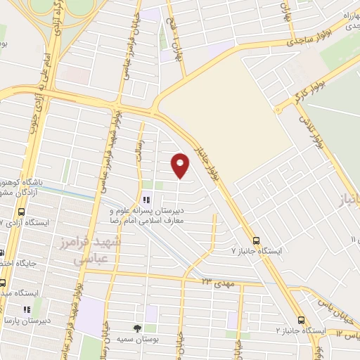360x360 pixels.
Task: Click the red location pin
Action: [181, 164]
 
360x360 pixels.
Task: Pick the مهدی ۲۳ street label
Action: [214, 282]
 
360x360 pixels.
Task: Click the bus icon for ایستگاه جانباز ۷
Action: [256, 240]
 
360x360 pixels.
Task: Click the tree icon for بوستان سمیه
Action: [137, 328]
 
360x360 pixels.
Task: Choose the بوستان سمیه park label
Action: [137, 339]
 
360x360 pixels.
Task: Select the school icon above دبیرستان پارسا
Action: [26, 309]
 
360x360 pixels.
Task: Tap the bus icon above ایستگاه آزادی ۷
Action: [21, 212]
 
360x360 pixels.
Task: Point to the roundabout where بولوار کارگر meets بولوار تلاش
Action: [278, 110]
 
